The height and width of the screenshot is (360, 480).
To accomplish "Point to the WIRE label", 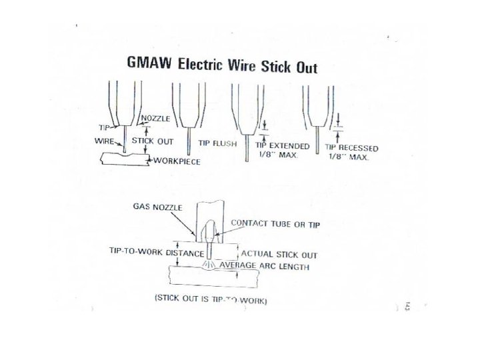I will coord(106,141).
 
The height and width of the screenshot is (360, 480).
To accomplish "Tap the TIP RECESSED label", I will coord(351,148).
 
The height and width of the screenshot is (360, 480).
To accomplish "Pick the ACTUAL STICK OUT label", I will coord(279,254).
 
